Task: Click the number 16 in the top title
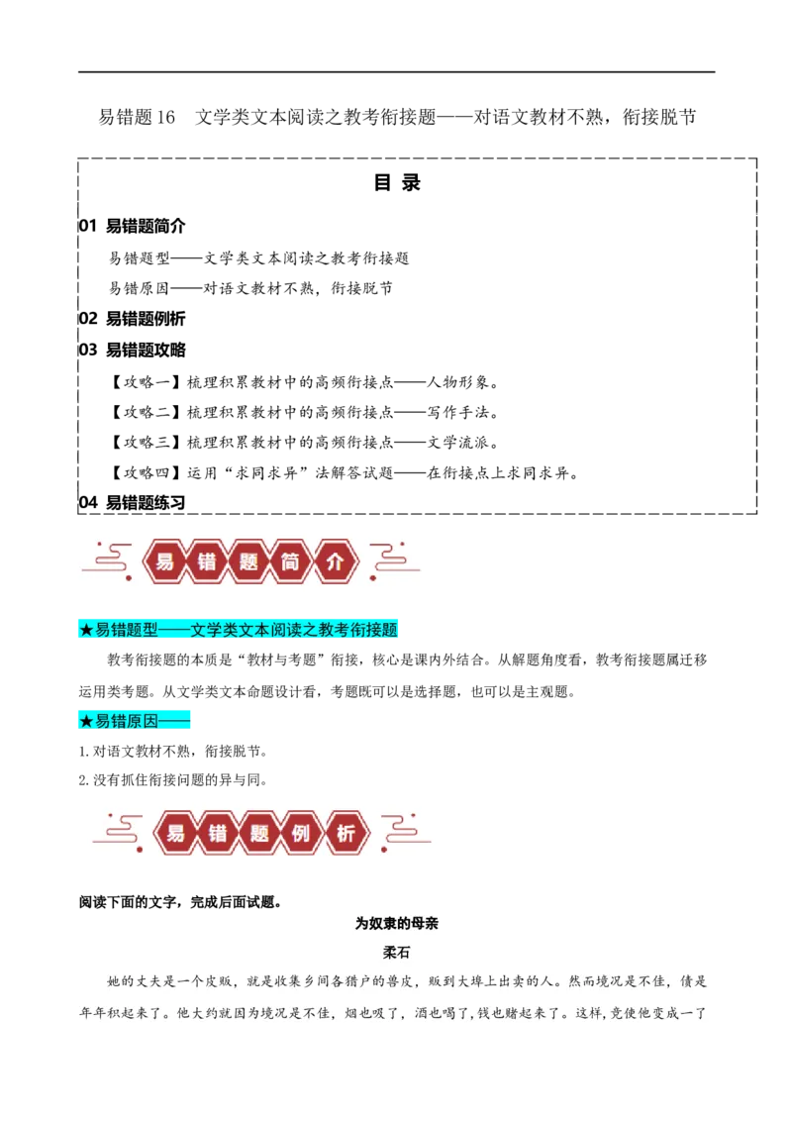point(165,117)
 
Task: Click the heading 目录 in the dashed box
point(397,182)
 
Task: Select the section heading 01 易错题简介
point(133,226)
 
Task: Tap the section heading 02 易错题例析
point(133,318)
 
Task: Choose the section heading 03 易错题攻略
point(133,350)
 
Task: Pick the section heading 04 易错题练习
point(133,503)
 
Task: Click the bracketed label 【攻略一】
point(146,382)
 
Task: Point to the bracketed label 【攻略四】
point(146,472)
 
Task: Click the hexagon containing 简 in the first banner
point(289,561)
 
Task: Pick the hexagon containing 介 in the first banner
point(335,561)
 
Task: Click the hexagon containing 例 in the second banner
point(301,833)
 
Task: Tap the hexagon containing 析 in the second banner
point(346,833)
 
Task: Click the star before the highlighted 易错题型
point(86,630)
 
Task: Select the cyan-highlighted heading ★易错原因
point(135,721)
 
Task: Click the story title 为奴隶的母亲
point(397,924)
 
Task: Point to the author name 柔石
point(397,953)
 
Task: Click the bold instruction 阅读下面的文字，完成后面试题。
point(181,902)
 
